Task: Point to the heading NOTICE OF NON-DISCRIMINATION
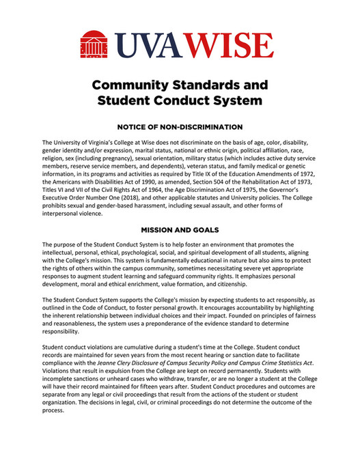coord(180,127)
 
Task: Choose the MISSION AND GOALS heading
coord(180,231)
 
